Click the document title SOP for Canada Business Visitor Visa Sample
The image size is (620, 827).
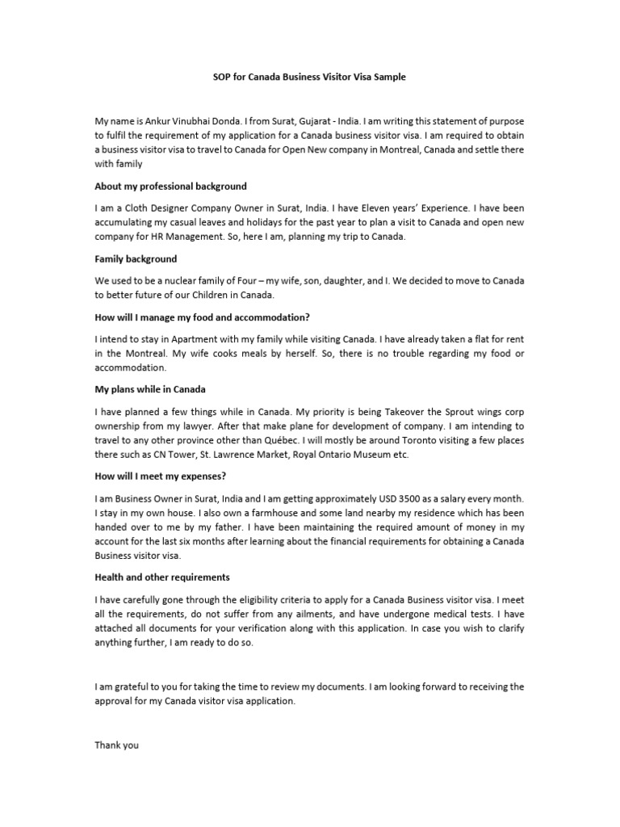[x=309, y=78]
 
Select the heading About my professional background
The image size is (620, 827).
[x=171, y=187]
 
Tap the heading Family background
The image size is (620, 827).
[x=136, y=259]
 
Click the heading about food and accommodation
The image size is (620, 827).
[x=203, y=317]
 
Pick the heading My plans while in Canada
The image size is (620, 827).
[x=150, y=389]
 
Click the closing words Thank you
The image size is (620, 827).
[x=117, y=745]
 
